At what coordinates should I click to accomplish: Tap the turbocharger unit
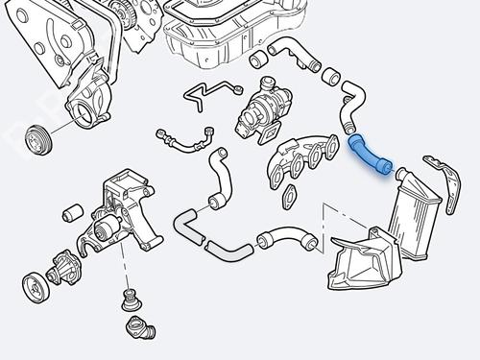pyautogui.click(x=261, y=108)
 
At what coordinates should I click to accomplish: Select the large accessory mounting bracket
pyautogui.click(x=125, y=211)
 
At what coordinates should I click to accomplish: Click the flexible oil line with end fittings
pyautogui.click(x=184, y=141)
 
